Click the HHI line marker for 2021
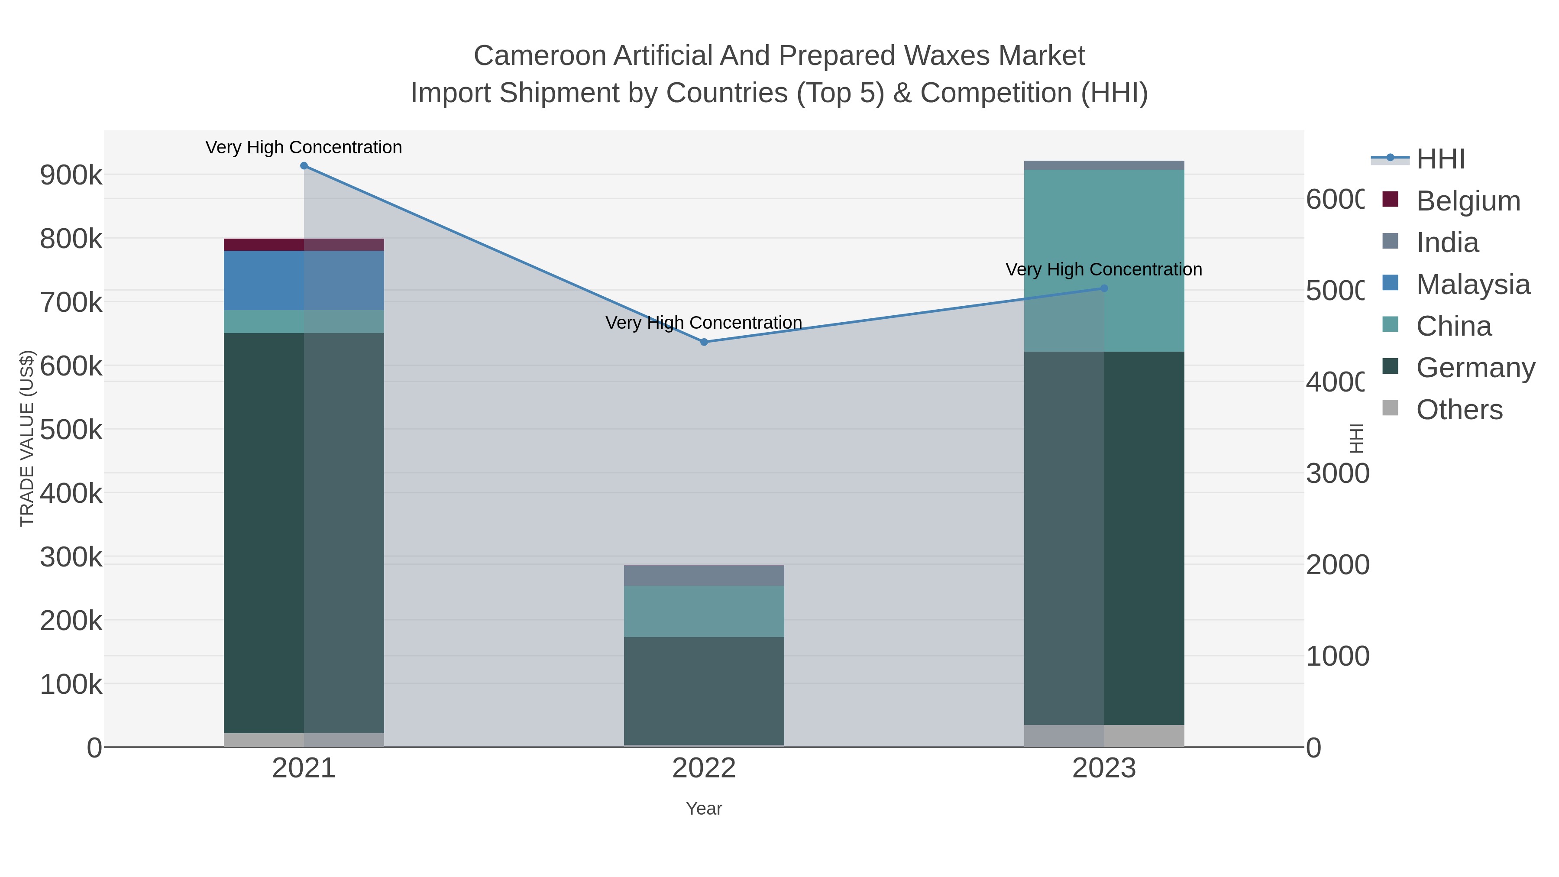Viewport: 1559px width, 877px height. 304,166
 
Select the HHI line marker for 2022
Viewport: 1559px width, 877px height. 704,342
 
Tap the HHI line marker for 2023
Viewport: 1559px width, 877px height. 1104,289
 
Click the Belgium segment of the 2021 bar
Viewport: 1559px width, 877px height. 304,245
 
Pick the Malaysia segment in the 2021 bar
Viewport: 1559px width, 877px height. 304,280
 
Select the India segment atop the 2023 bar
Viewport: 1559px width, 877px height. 1104,165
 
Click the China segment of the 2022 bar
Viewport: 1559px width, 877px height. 704,611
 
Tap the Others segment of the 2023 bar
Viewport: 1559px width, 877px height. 1104,736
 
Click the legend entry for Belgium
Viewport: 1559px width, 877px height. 1468,201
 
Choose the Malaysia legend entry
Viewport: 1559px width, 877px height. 1472,285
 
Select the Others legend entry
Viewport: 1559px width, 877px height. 1459,410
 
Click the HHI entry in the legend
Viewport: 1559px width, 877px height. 1440,159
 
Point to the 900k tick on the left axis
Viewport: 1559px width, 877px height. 71,175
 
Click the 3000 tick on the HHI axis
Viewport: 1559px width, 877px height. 1337,473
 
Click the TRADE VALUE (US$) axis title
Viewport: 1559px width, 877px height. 27,438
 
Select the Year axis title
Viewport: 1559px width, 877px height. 704,809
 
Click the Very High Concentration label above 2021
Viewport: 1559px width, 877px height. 304,147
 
